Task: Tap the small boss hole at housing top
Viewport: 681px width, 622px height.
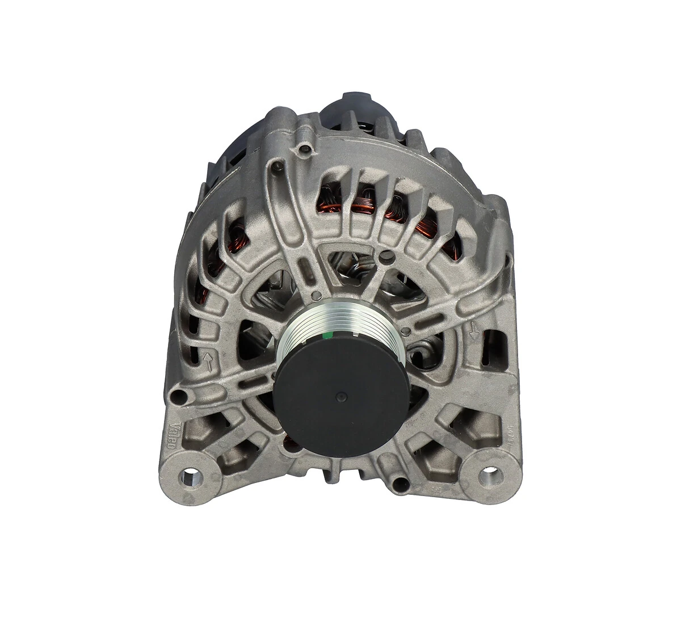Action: point(307,149)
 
